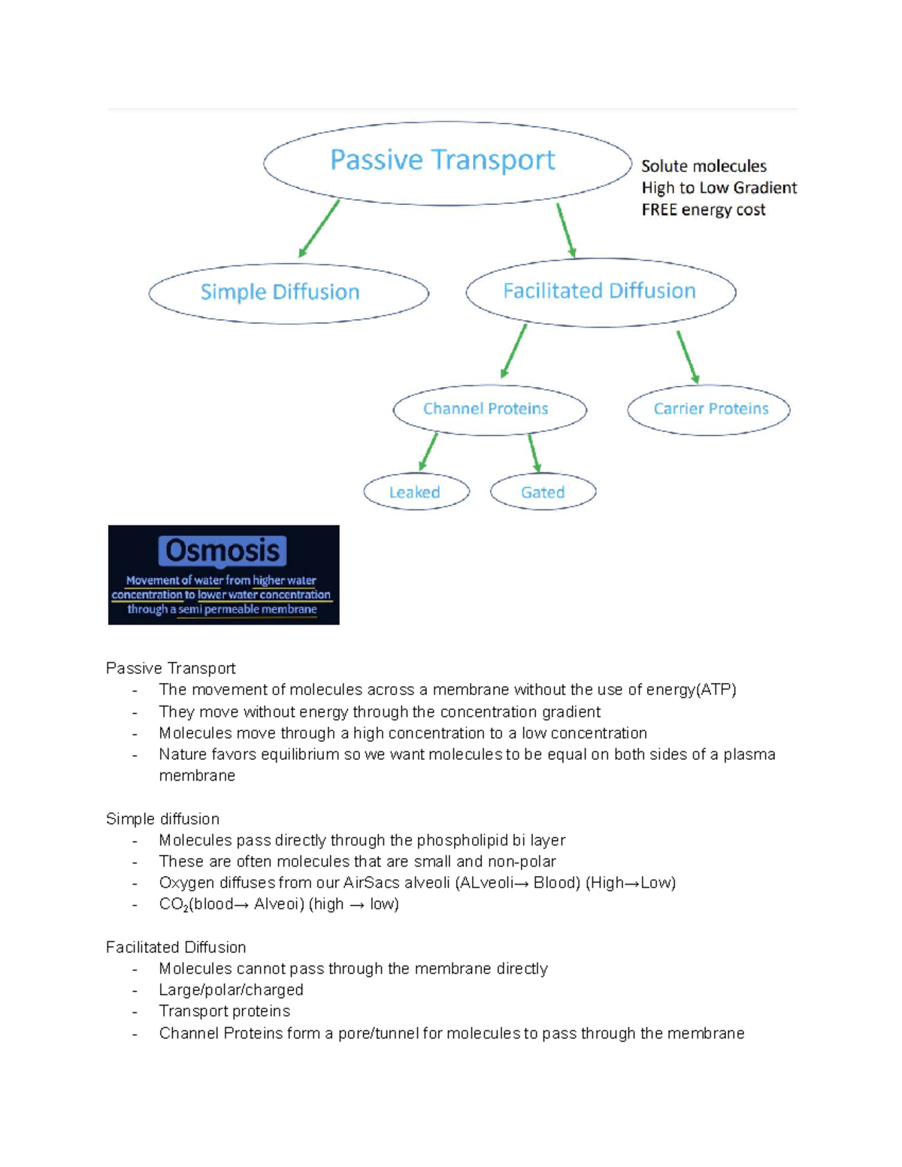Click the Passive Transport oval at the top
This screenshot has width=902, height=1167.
(x=446, y=162)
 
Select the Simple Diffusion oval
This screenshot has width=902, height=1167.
(x=289, y=293)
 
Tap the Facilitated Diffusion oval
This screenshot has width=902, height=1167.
(x=600, y=292)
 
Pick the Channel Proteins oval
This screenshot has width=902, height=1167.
(x=489, y=410)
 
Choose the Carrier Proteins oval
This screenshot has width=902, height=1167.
(x=709, y=410)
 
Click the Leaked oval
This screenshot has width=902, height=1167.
(x=416, y=492)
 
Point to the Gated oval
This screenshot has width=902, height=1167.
(x=543, y=492)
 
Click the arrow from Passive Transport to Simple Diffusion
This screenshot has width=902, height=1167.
(x=319, y=228)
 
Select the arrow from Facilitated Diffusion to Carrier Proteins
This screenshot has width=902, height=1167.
(x=688, y=357)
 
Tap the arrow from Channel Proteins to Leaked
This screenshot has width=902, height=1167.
(x=428, y=452)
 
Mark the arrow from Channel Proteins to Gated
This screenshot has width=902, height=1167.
(x=534, y=452)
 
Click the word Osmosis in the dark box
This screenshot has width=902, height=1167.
(x=222, y=551)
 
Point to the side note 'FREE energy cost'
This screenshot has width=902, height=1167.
(x=703, y=210)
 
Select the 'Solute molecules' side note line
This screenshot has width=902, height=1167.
(x=704, y=166)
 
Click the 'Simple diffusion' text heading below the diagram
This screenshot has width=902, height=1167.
(x=162, y=819)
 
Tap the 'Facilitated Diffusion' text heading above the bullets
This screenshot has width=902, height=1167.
(x=176, y=948)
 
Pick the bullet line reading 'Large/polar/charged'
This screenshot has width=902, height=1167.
(x=231, y=990)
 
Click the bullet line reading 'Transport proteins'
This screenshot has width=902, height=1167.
(x=224, y=1011)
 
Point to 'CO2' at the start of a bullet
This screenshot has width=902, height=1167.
(x=173, y=905)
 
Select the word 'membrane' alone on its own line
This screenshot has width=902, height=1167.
(x=197, y=775)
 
